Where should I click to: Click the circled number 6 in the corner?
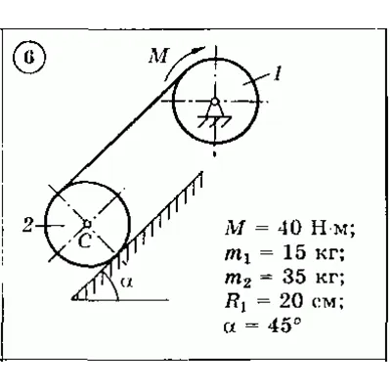pyautogui.click(x=29, y=58)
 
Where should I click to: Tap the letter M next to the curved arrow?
pyautogui.click(x=158, y=56)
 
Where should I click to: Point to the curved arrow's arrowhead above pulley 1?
pyautogui.click(x=198, y=50)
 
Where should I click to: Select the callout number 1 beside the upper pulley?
pyautogui.click(x=277, y=74)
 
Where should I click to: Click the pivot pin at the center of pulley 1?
pyautogui.click(x=214, y=102)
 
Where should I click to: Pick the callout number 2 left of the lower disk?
pyautogui.click(x=27, y=226)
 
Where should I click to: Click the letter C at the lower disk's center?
pyautogui.click(x=85, y=241)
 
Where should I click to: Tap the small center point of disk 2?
pyautogui.click(x=86, y=224)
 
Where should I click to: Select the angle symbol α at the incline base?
pyautogui.click(x=126, y=282)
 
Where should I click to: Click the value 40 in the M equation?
pyautogui.click(x=289, y=229)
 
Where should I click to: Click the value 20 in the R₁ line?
pyautogui.click(x=290, y=301)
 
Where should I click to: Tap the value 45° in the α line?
pyautogui.click(x=283, y=326)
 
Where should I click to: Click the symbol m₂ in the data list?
pyautogui.click(x=238, y=279)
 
